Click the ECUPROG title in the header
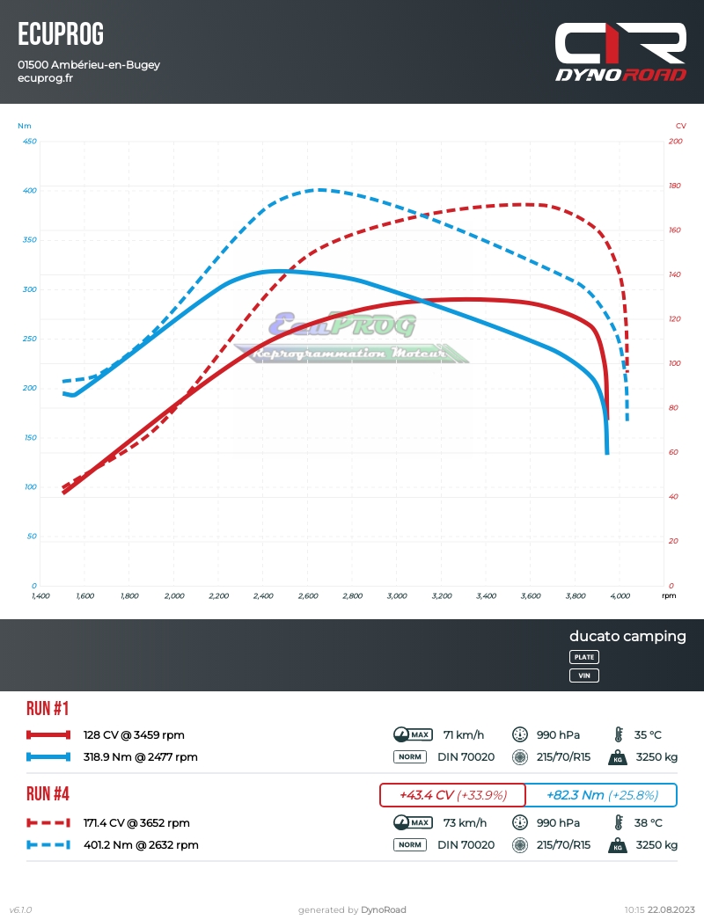pyautogui.click(x=61, y=34)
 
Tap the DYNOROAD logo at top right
pyautogui.click(x=620, y=53)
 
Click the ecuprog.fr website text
pyautogui.click(x=45, y=78)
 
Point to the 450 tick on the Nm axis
pyautogui.click(x=29, y=142)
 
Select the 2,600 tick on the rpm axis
pyautogui.click(x=307, y=596)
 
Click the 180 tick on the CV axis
pyautogui.click(x=675, y=186)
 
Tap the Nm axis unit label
pyautogui.click(x=24, y=126)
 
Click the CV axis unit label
pyautogui.click(x=680, y=126)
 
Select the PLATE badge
pyautogui.click(x=584, y=657)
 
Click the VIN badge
pyautogui.click(x=584, y=675)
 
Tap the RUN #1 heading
pyautogui.click(x=48, y=709)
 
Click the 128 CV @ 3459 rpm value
pyautogui.click(x=134, y=735)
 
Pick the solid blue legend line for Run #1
pyautogui.click(x=48, y=756)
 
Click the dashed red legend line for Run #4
pyautogui.click(x=48, y=823)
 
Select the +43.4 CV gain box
pyautogui.click(x=452, y=795)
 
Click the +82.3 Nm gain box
pyautogui.click(x=602, y=795)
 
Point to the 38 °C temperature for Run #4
pyautogui.click(x=648, y=823)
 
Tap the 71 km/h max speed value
pyautogui.click(x=460, y=735)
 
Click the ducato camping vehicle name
pyautogui.click(x=627, y=636)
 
